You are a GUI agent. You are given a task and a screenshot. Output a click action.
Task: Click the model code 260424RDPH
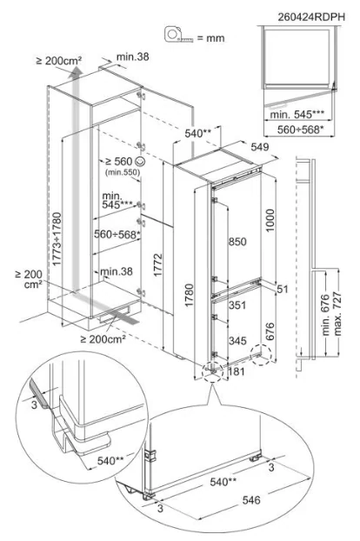(311, 17)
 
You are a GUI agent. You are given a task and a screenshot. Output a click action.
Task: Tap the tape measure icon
(178, 35)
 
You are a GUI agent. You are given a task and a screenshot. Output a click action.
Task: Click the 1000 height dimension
(270, 220)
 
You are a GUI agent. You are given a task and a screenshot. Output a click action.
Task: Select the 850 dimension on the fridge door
(237, 242)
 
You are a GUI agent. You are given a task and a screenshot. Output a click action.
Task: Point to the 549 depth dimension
(260, 147)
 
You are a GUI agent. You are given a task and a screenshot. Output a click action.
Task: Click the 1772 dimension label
(157, 264)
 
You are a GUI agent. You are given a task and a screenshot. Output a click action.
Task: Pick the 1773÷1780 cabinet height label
(57, 239)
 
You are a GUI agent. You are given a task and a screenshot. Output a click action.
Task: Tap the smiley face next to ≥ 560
(140, 161)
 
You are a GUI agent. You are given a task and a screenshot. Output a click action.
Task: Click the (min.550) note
(123, 172)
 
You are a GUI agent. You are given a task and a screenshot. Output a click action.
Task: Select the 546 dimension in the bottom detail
(251, 500)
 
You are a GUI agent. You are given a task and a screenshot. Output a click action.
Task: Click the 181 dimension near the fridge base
(237, 371)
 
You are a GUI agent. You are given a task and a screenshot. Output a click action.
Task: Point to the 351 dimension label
(237, 305)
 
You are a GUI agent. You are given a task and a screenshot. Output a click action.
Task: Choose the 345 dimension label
(237, 341)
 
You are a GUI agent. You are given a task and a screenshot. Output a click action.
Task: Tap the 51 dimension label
(283, 289)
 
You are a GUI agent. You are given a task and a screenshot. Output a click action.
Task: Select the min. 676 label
(325, 315)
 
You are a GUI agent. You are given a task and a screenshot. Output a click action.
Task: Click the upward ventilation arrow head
(75, 71)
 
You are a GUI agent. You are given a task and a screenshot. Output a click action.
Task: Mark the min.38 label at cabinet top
(133, 57)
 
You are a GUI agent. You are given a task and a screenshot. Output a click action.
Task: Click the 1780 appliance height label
(190, 295)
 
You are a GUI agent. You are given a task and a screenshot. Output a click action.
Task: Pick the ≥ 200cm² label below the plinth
(103, 339)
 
